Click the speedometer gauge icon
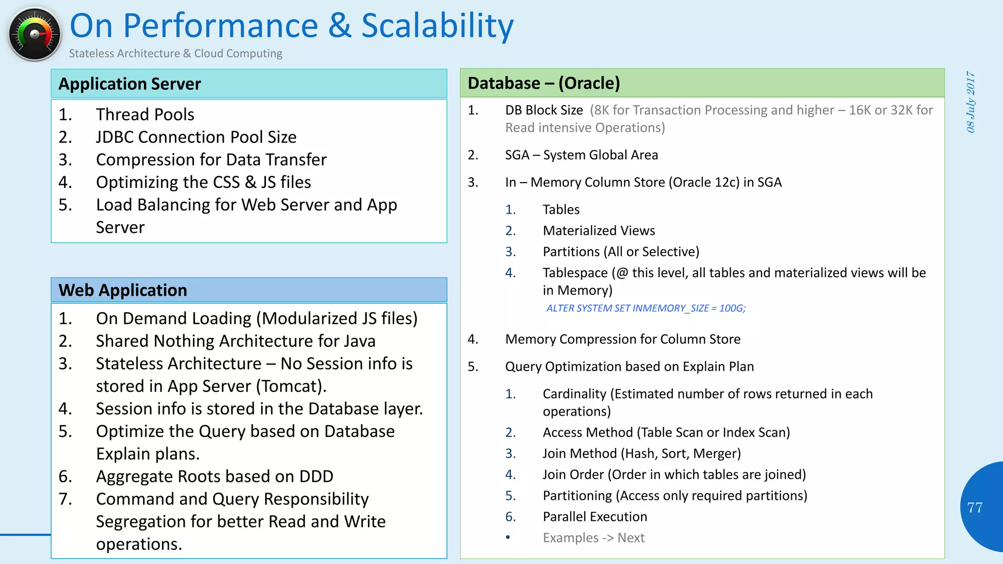(34, 34)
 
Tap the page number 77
(975, 508)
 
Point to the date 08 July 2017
(971, 102)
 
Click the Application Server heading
(130, 84)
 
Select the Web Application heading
(122, 290)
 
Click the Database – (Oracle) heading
(544, 83)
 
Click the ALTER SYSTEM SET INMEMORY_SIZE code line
(645, 308)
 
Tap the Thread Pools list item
(145, 115)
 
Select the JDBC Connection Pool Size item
(196, 137)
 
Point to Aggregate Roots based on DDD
(215, 476)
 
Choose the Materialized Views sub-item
(598, 231)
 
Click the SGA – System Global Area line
(581, 155)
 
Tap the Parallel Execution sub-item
(595, 517)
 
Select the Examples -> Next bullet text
(594, 538)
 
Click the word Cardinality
(574, 394)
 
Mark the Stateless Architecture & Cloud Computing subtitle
(175, 53)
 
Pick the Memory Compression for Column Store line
(622, 339)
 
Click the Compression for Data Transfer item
(211, 160)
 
